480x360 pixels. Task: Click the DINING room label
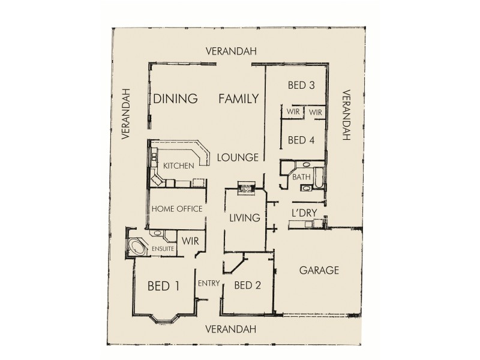(175, 99)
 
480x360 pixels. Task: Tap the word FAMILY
(238, 98)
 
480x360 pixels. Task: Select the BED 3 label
(302, 85)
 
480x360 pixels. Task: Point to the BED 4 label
(301, 141)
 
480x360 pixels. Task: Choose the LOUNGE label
(238, 158)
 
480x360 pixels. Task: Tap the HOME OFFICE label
(177, 209)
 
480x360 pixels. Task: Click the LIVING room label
(244, 218)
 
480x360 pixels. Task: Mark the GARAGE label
(319, 270)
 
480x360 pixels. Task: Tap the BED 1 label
(164, 286)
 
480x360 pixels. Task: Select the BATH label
(301, 178)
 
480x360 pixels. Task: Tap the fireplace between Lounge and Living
(246, 188)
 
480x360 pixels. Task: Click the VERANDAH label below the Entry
(230, 329)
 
